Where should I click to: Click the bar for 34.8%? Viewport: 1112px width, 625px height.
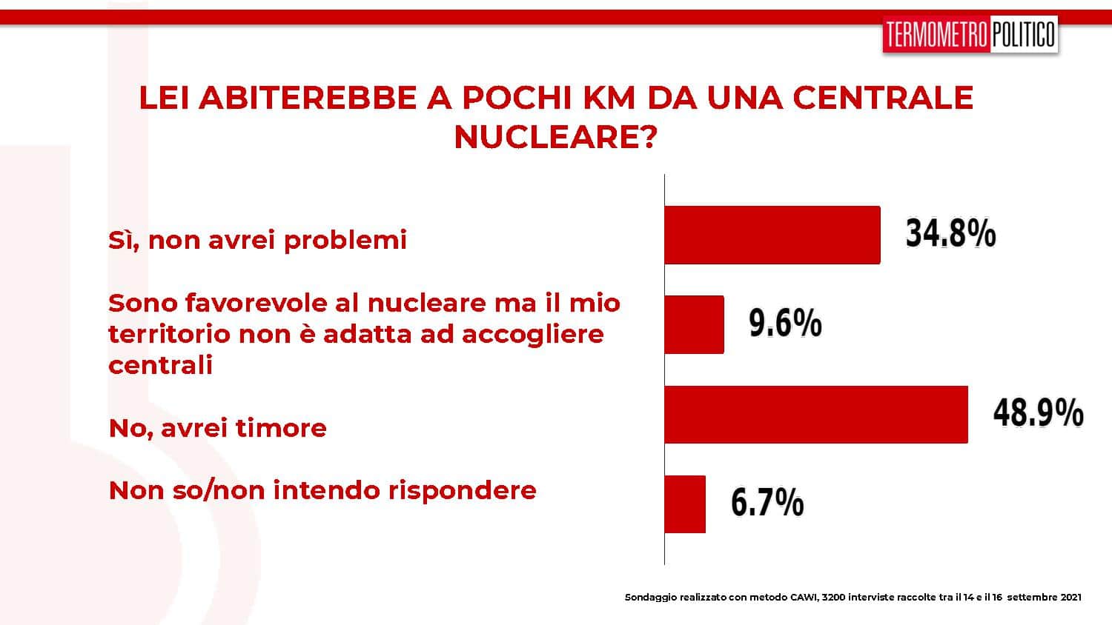(x=772, y=235)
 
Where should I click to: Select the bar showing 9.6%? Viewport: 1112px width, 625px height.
(x=694, y=324)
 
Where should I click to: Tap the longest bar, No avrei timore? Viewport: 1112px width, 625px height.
(x=816, y=414)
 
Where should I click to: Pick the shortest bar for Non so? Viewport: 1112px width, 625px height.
(x=685, y=504)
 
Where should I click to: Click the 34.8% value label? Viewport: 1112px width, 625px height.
(x=950, y=233)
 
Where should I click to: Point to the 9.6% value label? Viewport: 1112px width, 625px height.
(x=785, y=323)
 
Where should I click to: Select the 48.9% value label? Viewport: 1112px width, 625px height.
(x=1038, y=412)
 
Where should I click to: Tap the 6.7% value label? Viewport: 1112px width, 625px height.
(x=767, y=502)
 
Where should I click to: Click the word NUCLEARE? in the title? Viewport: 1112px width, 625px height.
(x=555, y=137)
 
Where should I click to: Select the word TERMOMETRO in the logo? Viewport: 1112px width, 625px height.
(x=936, y=34)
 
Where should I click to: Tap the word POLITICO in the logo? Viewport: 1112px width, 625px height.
(x=1023, y=34)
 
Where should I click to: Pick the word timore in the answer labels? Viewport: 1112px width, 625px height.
(x=281, y=427)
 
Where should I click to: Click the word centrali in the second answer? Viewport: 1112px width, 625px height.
(x=160, y=365)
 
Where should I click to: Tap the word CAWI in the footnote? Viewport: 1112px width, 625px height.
(x=803, y=597)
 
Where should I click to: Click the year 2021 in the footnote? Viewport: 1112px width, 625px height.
(x=1070, y=597)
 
